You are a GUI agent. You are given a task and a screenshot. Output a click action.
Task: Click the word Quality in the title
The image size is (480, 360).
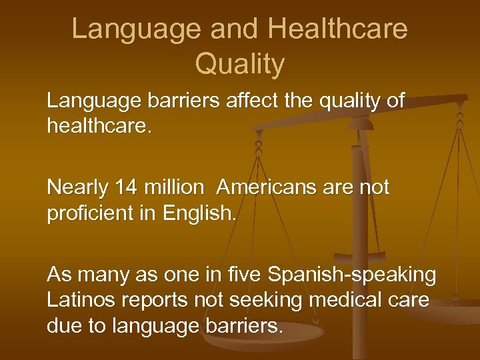(x=240, y=64)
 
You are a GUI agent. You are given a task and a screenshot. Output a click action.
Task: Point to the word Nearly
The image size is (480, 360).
(x=73, y=188)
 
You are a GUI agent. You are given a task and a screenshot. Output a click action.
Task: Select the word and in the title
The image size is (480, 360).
(x=198, y=29)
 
